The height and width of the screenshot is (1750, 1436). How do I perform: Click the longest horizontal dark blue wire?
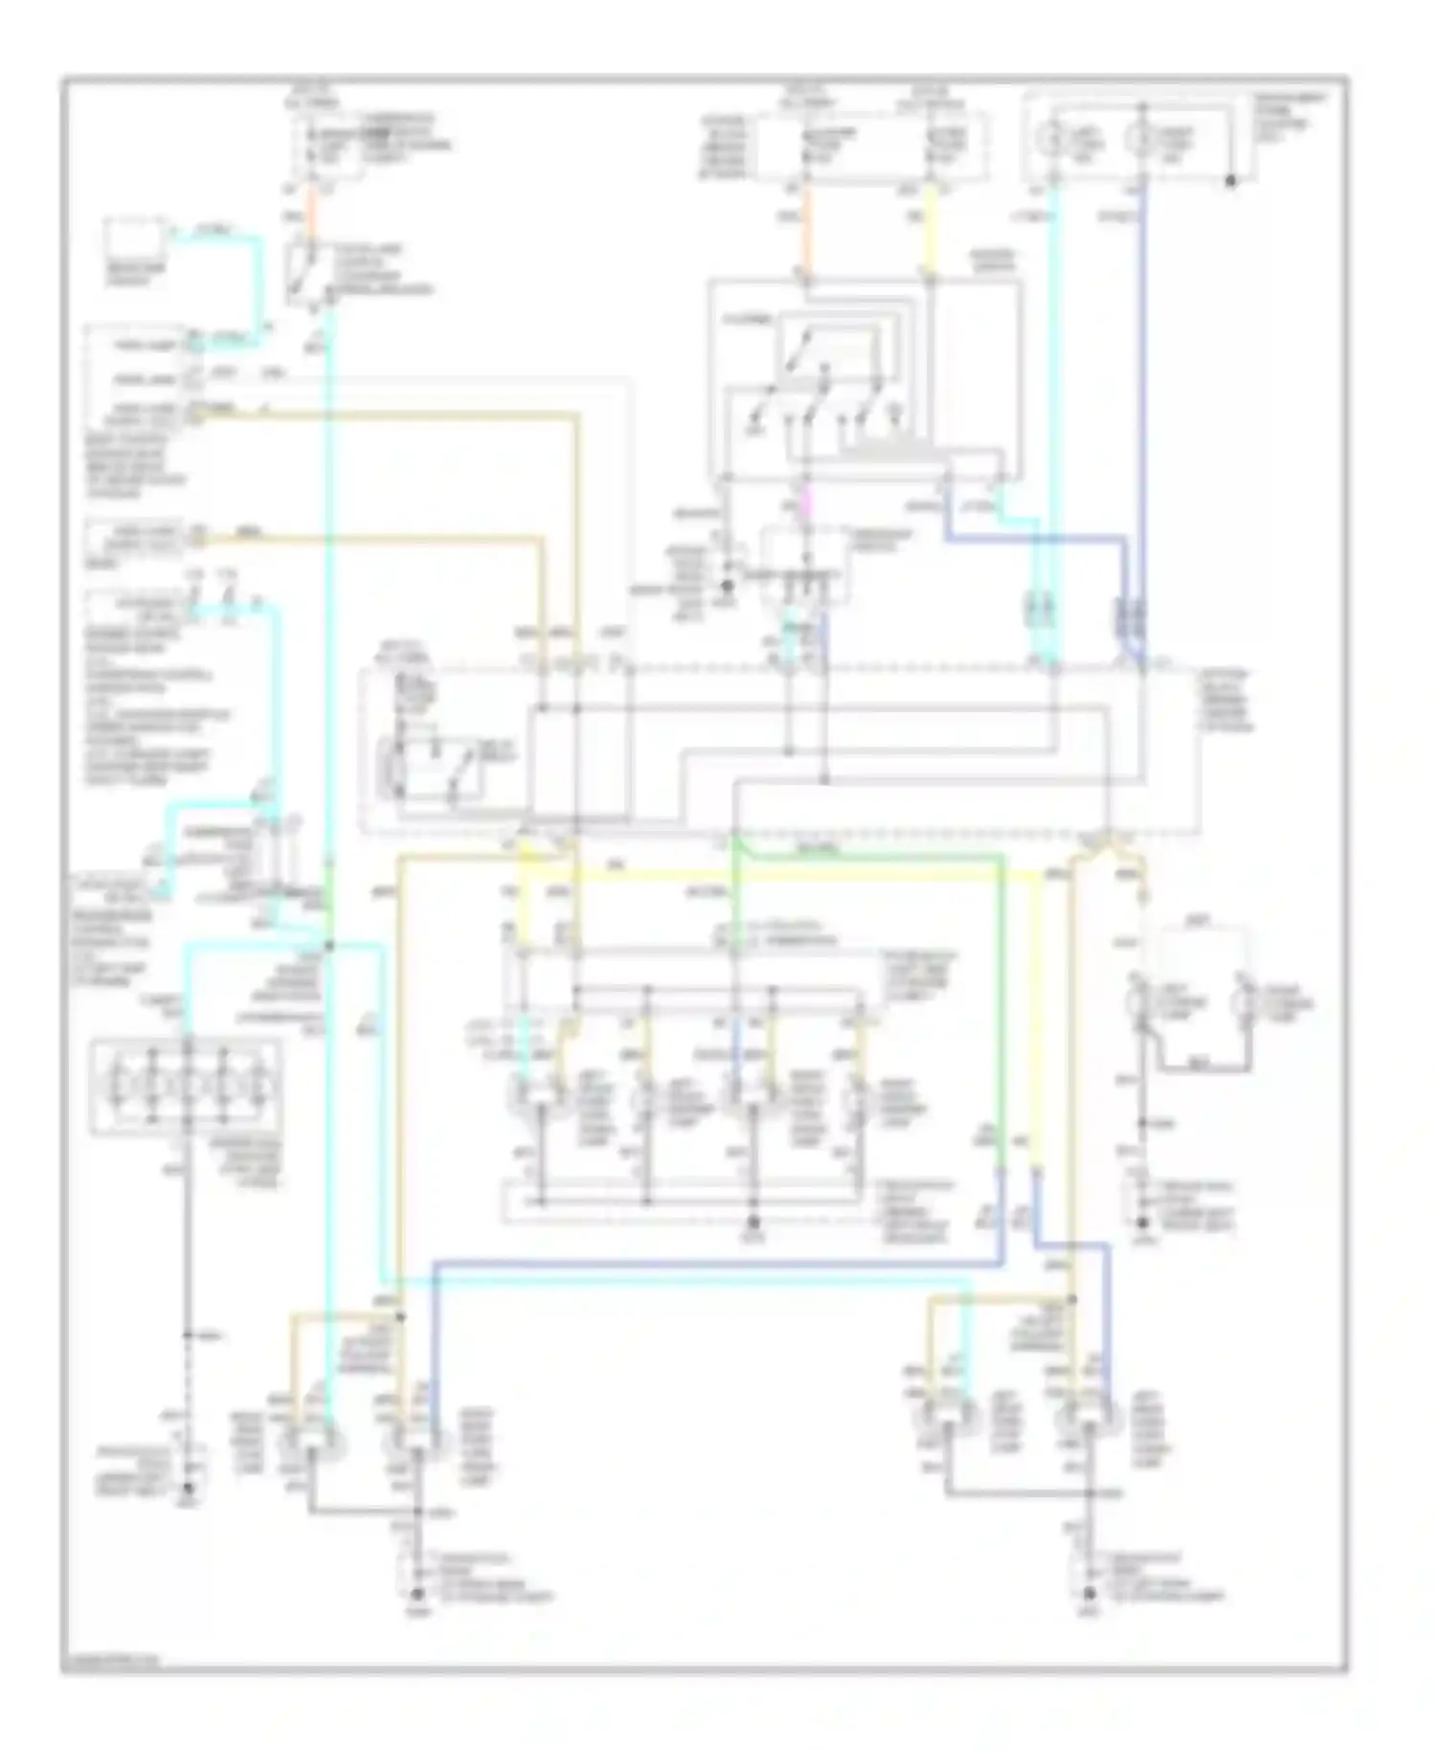(718, 1266)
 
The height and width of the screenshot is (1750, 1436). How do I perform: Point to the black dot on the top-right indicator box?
(1231, 180)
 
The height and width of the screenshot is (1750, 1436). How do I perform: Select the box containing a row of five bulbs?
(187, 1088)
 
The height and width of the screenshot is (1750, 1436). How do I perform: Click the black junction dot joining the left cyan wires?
(328, 946)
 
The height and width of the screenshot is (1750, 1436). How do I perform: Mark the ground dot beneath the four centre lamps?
(753, 1223)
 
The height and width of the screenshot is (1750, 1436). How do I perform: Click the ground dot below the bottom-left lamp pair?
(416, 1593)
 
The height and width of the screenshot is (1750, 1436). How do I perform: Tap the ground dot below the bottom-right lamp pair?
(1088, 1593)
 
